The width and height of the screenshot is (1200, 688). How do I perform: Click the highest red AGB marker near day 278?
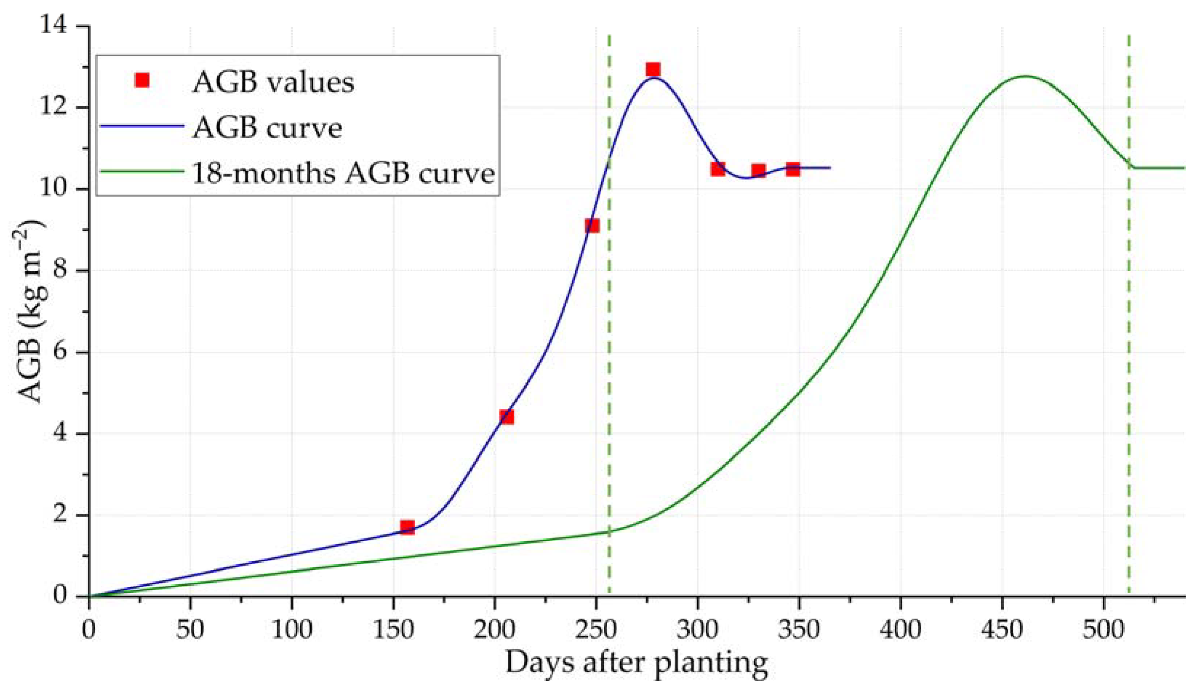(x=653, y=70)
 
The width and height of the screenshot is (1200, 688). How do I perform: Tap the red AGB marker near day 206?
(x=507, y=417)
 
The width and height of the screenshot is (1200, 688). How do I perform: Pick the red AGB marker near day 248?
(x=592, y=226)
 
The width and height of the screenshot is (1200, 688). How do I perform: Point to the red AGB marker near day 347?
(x=793, y=169)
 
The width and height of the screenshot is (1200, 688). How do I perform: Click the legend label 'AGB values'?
(x=273, y=83)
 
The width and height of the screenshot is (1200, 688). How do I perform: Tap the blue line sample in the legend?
(x=141, y=127)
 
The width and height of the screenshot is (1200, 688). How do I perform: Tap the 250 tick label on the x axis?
(x=596, y=630)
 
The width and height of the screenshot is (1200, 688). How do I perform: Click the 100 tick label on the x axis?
(x=292, y=630)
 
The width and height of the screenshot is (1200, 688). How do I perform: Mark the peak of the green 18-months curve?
(x=1022, y=76)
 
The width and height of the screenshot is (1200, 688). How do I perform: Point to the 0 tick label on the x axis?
(x=89, y=630)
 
